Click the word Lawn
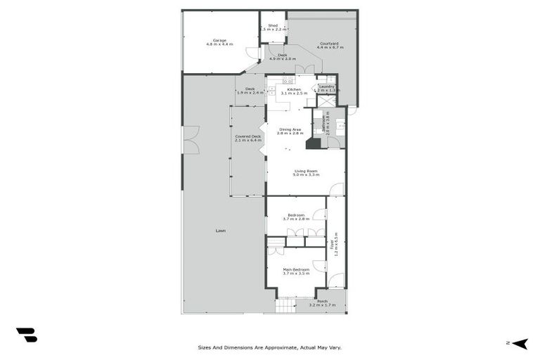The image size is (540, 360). click(221, 231)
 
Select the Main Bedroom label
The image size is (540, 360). click(296, 271)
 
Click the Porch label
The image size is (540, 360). click(322, 303)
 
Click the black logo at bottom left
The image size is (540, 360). click(27, 335)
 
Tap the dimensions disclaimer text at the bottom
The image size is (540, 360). click(269, 347)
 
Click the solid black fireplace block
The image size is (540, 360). click(313, 143)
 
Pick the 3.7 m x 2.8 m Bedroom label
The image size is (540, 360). click(296, 217)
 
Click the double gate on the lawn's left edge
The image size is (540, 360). click(190, 139)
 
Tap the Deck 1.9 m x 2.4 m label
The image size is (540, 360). click(250, 91)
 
